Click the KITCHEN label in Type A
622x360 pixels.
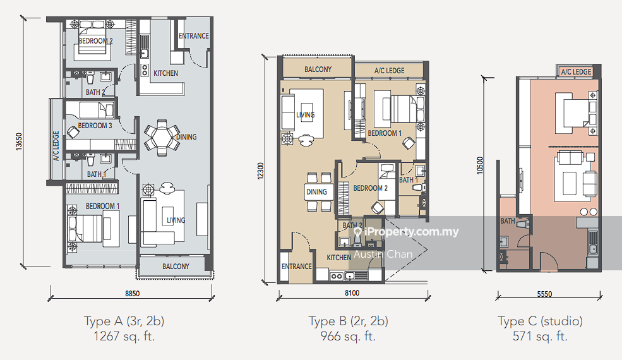pyautogui.click(x=166, y=73)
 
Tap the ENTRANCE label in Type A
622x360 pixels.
pyautogui.click(x=193, y=36)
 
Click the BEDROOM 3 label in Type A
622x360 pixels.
pyautogui.click(x=95, y=126)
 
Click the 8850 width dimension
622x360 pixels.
pyautogui.click(x=132, y=293)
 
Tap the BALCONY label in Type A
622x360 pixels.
pyautogui.click(x=176, y=267)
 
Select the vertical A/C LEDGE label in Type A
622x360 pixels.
pyautogui.click(x=56, y=147)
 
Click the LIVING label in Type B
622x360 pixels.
pyautogui.click(x=305, y=115)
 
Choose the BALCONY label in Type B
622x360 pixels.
pyautogui.click(x=318, y=69)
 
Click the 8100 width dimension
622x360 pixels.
pyautogui.click(x=352, y=292)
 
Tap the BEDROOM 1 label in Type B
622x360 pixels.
pyautogui.click(x=385, y=133)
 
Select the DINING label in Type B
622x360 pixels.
pyautogui.click(x=316, y=192)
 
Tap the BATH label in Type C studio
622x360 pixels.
pyautogui.click(x=507, y=221)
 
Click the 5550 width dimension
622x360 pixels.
pyautogui.click(x=549, y=294)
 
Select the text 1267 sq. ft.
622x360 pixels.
pyautogui.click(x=119, y=336)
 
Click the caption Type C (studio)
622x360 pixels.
pyautogui.click(x=541, y=321)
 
